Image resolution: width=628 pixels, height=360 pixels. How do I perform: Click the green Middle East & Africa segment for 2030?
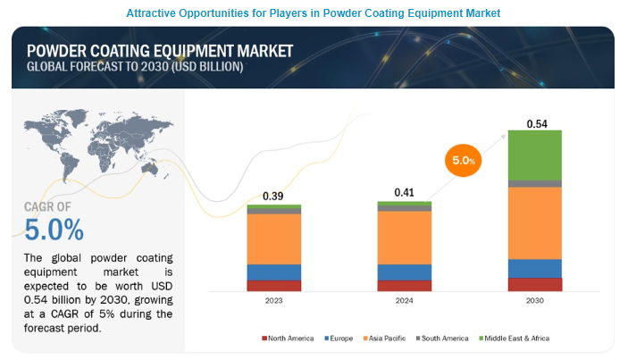click(x=534, y=155)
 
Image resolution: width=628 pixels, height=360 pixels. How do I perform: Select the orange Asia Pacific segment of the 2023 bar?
click(x=273, y=239)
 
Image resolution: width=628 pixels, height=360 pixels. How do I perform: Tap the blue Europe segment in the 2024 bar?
click(x=404, y=272)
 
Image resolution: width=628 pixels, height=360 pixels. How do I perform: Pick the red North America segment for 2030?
click(x=534, y=284)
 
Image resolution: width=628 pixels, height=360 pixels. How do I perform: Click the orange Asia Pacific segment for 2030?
click(x=534, y=222)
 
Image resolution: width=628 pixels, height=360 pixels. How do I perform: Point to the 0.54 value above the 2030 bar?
click(x=537, y=123)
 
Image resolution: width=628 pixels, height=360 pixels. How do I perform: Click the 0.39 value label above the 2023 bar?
click(x=272, y=196)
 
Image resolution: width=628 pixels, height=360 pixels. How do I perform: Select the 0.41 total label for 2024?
click(x=405, y=192)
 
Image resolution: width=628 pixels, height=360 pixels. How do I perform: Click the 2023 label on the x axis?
click(x=273, y=301)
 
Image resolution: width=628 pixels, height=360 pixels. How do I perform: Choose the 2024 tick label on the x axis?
click(x=404, y=301)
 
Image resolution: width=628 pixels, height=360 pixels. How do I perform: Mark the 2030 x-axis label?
click(x=534, y=301)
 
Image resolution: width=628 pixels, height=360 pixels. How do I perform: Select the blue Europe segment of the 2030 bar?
click(x=534, y=268)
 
